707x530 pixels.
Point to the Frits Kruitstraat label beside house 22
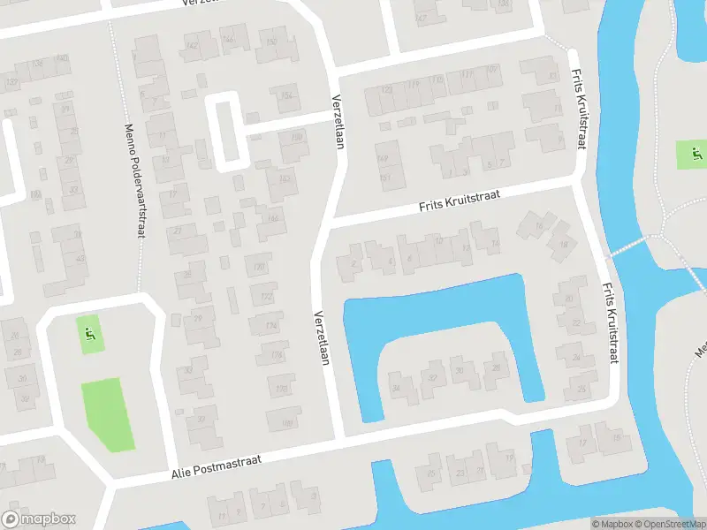click(609, 323)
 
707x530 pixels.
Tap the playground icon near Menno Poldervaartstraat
click(88, 335)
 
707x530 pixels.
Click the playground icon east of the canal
click(695, 155)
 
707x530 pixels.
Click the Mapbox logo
click(39, 519)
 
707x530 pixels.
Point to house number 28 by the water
click(496, 367)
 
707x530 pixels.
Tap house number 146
click(228, 38)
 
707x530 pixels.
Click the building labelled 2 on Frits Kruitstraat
click(353, 262)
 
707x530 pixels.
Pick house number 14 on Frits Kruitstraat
click(494, 243)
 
